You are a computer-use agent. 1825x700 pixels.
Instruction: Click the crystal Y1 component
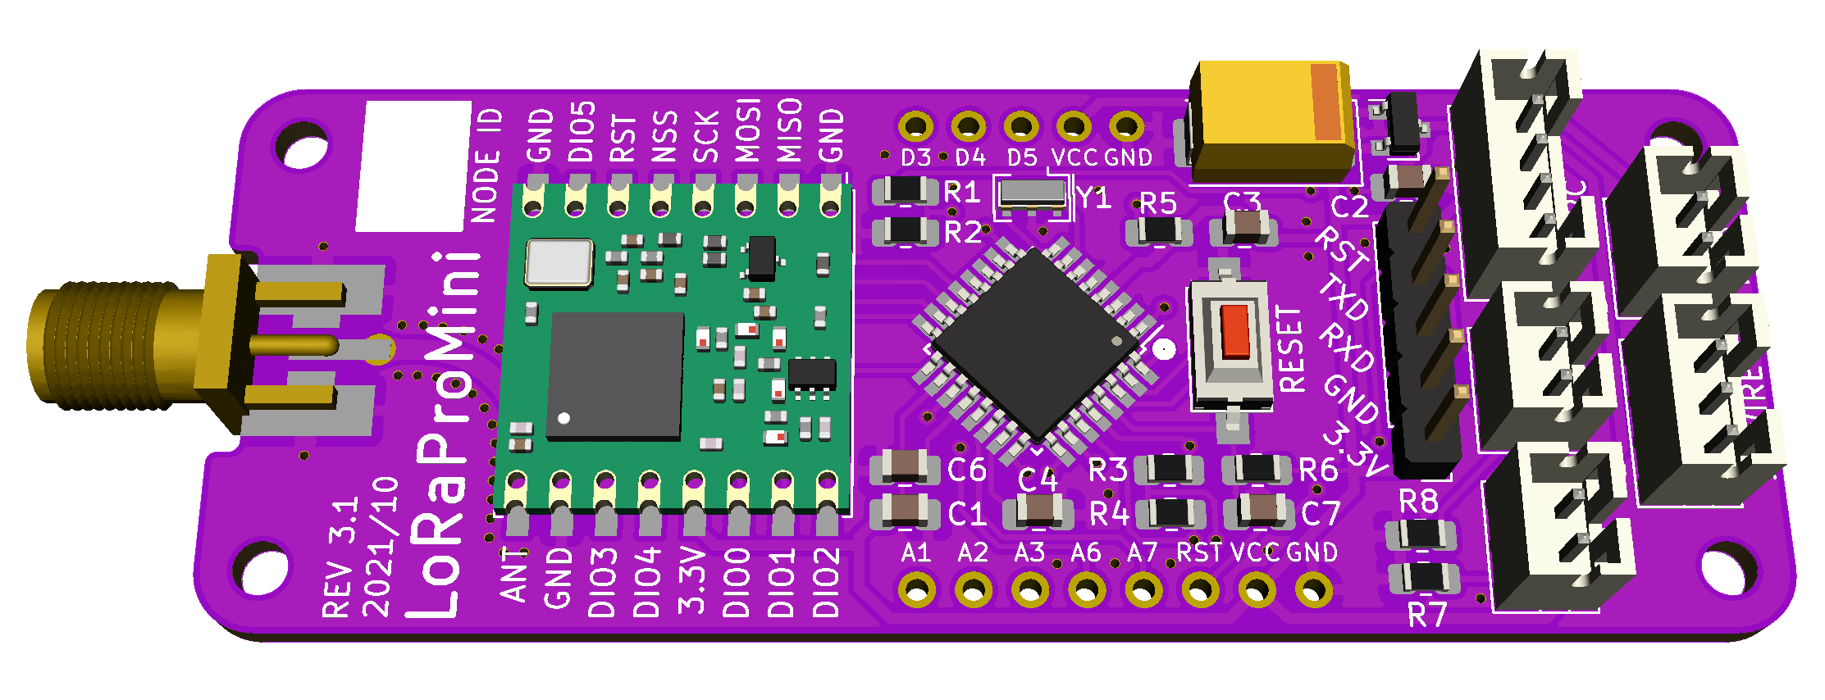[1032, 193]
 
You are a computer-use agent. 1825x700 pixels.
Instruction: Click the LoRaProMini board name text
[443, 434]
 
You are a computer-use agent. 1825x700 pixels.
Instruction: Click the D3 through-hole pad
[915, 127]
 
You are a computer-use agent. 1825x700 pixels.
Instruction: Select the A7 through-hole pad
[1143, 589]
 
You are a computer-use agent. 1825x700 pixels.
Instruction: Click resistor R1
[906, 190]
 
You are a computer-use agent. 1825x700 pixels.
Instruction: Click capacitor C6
[905, 466]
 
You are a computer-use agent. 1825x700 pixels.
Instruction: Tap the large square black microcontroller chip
[1036, 344]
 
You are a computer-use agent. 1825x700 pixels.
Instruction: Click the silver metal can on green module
[559, 263]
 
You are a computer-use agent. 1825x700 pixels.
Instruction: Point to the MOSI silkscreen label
[747, 131]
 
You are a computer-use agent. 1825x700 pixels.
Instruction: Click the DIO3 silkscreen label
[603, 582]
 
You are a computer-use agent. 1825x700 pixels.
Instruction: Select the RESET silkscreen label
[1291, 349]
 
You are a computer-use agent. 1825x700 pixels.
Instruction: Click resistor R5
[1159, 230]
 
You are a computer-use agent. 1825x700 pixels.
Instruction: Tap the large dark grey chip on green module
[615, 375]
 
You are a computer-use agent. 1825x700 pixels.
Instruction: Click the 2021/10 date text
[379, 548]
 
